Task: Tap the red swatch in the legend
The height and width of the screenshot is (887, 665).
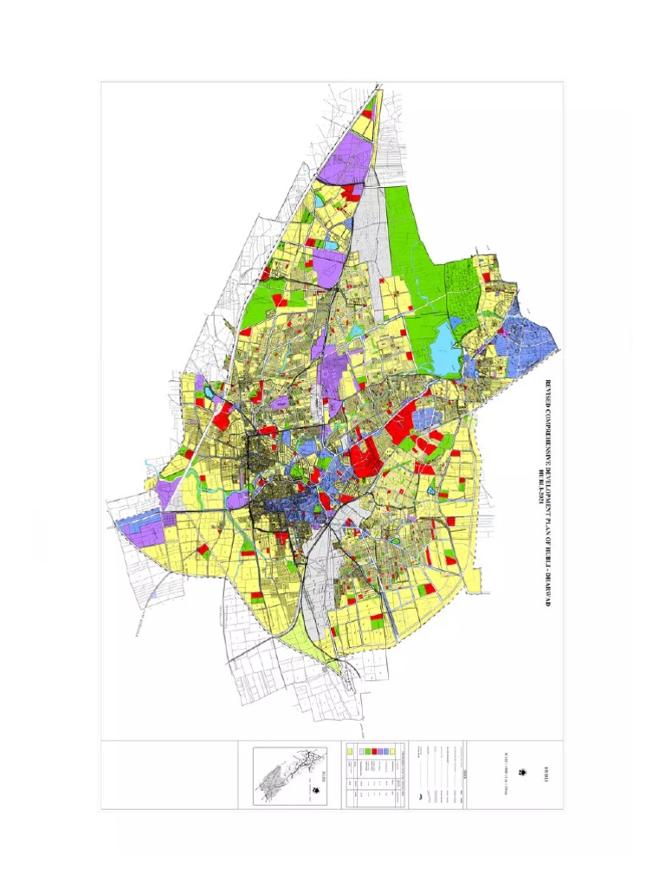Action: (x=374, y=751)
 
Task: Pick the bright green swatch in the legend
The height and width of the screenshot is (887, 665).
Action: (x=368, y=751)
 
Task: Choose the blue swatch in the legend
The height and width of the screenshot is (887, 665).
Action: (x=386, y=751)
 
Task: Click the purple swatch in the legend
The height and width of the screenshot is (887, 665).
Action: (x=380, y=751)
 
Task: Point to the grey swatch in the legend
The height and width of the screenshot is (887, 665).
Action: (x=362, y=751)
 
